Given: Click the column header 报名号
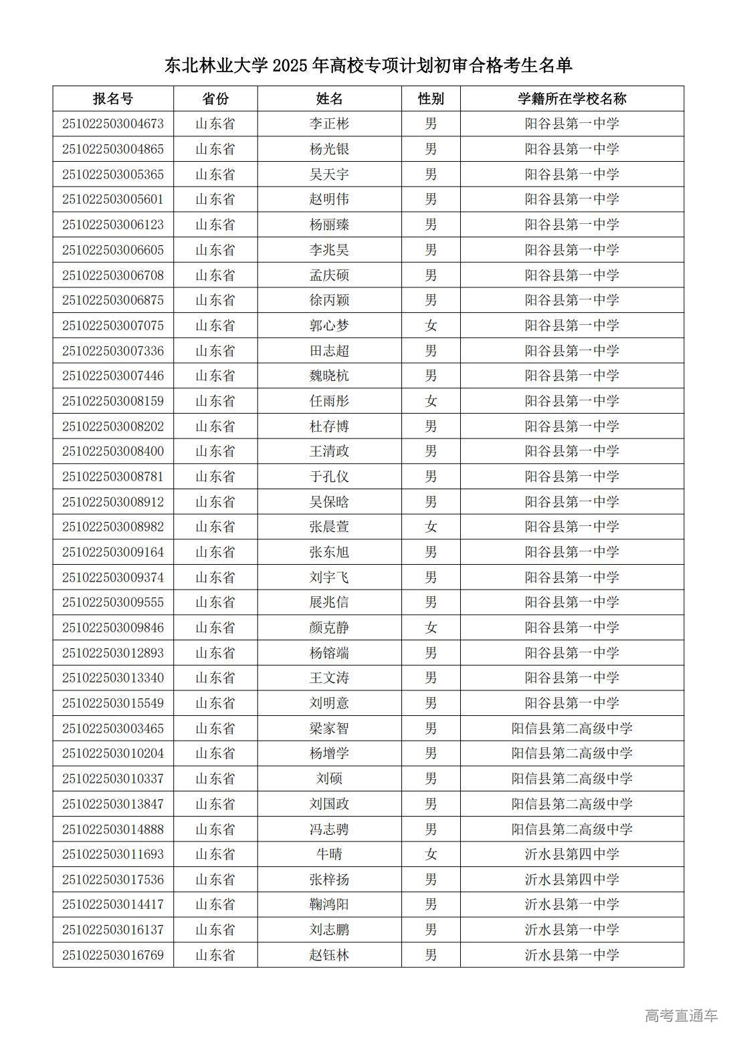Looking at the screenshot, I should [x=113, y=99].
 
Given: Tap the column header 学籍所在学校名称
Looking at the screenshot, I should [x=572, y=99].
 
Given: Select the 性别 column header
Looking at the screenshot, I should [x=431, y=99].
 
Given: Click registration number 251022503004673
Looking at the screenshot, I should [x=113, y=124].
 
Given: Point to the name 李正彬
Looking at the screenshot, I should [x=329, y=124].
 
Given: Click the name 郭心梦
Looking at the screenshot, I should [x=329, y=325].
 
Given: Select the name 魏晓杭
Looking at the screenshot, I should [x=329, y=376].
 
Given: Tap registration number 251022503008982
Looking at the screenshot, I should [x=113, y=527].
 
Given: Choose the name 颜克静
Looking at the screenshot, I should [x=329, y=628].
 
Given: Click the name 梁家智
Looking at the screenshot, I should [x=329, y=729].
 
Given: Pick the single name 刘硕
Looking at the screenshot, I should [x=329, y=779].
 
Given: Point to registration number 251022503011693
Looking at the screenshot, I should [x=113, y=854].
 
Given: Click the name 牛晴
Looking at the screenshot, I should [x=329, y=854].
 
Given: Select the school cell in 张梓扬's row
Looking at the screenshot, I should [x=572, y=880].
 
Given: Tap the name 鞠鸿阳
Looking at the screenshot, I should [x=329, y=904].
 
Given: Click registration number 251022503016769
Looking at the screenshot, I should [x=113, y=955].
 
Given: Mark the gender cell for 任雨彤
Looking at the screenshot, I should [x=431, y=401].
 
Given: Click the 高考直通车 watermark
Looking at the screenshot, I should [x=681, y=1016].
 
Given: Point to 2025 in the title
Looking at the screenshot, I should [x=290, y=66].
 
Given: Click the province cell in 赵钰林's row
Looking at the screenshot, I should [x=215, y=955].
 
